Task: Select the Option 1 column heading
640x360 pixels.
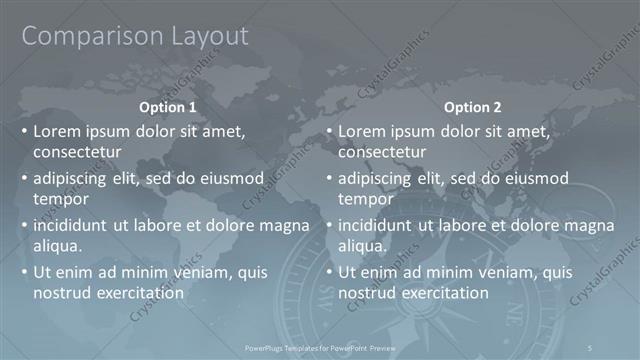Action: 167,107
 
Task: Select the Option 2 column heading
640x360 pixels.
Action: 473,107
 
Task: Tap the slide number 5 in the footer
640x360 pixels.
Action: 592,347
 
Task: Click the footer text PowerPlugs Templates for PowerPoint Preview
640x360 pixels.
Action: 320,347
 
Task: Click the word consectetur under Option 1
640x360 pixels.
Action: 78,153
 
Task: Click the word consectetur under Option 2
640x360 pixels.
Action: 383,153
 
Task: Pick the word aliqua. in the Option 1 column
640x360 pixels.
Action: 57,245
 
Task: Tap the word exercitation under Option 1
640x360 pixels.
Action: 138,293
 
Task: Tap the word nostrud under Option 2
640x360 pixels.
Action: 364,293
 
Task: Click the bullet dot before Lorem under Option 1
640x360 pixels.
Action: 24,131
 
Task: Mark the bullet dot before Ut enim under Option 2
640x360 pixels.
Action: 329,272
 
